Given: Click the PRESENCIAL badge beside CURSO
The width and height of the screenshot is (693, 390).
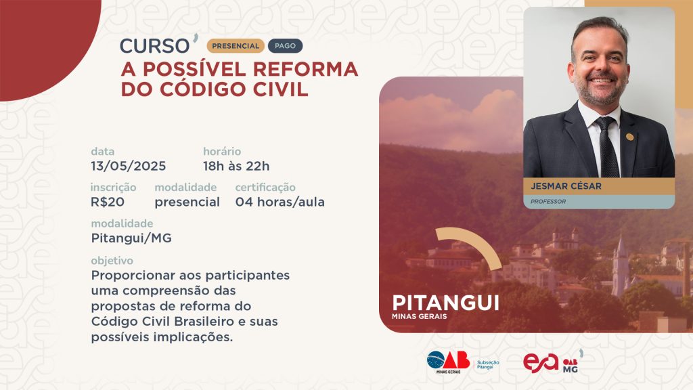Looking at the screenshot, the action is pyautogui.click(x=236, y=46).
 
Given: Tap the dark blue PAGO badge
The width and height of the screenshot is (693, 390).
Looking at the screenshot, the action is pyautogui.click(x=285, y=46).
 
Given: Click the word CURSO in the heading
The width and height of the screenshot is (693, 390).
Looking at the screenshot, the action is pyautogui.click(x=155, y=46).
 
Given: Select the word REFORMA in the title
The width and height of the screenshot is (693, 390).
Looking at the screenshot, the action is pyautogui.click(x=305, y=70).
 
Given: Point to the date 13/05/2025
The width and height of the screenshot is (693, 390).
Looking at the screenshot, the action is pyautogui.click(x=129, y=167).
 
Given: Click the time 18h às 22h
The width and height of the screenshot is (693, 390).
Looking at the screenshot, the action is pyautogui.click(x=236, y=167).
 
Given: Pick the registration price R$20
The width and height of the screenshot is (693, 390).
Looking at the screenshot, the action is pyautogui.click(x=108, y=202).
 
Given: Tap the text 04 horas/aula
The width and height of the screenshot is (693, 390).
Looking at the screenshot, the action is pyautogui.click(x=280, y=202).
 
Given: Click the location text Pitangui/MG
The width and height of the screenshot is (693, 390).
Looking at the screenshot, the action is pyautogui.click(x=131, y=238).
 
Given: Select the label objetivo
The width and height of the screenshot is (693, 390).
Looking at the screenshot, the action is pyautogui.click(x=112, y=261).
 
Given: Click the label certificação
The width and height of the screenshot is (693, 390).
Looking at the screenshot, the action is pyautogui.click(x=265, y=188).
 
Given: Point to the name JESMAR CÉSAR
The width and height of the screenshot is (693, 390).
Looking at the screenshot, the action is pyautogui.click(x=566, y=186).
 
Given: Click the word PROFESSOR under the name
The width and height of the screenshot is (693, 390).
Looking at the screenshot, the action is pyautogui.click(x=548, y=202).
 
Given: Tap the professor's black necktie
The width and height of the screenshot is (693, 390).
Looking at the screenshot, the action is pyautogui.click(x=608, y=147).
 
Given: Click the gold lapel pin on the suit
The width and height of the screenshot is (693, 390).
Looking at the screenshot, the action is pyautogui.click(x=630, y=137).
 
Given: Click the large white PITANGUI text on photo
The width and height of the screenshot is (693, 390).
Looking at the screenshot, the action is pyautogui.click(x=445, y=303).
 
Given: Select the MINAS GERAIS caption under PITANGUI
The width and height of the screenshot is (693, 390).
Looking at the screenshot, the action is pyautogui.click(x=419, y=317).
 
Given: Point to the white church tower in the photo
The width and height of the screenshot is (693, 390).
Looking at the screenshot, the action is pyautogui.click(x=620, y=265).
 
